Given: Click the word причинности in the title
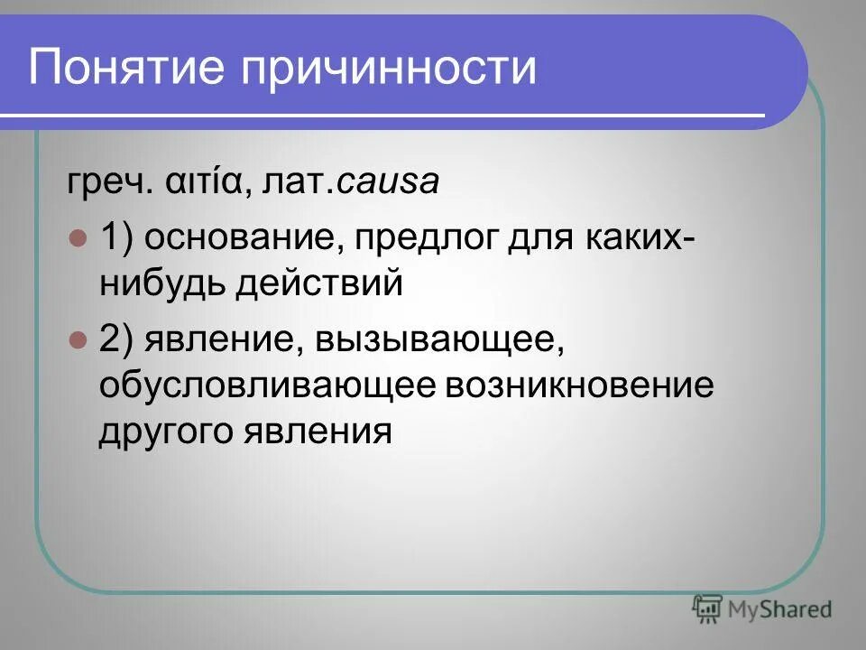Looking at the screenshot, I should click(x=389, y=68).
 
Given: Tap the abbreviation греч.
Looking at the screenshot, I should click(x=95, y=183).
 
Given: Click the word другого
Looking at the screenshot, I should click(x=165, y=432).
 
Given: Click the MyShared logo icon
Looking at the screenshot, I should click(x=707, y=609).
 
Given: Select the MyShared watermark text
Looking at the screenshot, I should click(x=780, y=610).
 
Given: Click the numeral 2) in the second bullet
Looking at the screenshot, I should click(x=115, y=340).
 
